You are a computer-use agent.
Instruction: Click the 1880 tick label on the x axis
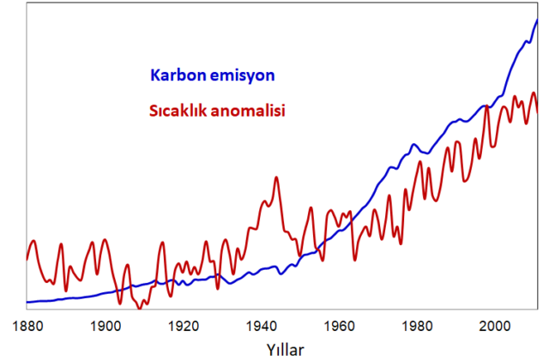point(27,327)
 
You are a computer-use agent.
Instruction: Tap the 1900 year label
point(106,327)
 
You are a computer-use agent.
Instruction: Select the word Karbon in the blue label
point(178,75)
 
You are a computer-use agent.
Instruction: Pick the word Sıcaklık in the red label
point(178,111)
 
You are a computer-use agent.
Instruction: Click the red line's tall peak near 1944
point(276,177)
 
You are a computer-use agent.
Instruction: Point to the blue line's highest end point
point(537,20)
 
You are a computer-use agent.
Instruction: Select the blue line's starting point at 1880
point(27,302)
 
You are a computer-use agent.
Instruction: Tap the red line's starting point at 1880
point(27,259)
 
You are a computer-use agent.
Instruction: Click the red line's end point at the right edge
point(537,111)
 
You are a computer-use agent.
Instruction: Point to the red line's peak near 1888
point(61,244)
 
